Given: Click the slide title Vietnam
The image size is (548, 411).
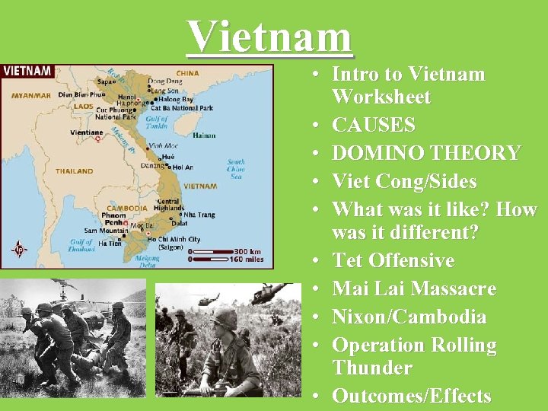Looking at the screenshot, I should pos(270,36).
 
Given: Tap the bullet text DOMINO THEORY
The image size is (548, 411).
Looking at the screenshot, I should pos(426,153).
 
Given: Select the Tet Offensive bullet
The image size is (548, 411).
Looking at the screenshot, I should pos(393,260).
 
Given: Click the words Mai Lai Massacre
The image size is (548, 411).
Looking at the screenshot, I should pos(414,288).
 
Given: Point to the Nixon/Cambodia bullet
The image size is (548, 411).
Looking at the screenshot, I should pos(409,317).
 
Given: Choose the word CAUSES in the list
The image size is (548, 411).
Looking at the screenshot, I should pos(374,125).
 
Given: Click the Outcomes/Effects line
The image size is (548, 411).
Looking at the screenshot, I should pos(411,396).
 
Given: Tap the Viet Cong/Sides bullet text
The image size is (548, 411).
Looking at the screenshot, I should pos(404,182).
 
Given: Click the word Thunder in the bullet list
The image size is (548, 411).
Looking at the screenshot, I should pos(372,368).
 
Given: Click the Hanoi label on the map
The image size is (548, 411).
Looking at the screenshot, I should pos(126,97).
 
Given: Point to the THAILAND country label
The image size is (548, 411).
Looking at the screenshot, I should pos(74,171).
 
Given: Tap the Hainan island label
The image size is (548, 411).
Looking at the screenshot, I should pos(204,135).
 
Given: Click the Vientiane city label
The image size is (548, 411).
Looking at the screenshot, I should pos(85,132).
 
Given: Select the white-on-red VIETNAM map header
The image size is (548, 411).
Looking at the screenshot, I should pos(27,71).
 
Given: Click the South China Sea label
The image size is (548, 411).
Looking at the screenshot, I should pos(235,169).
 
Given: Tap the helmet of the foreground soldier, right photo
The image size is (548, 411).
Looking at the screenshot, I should pos(224,317).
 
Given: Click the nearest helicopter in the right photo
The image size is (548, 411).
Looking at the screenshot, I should pos(271,292).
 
